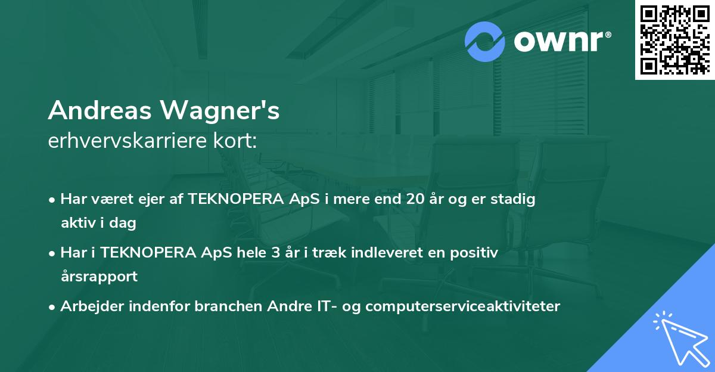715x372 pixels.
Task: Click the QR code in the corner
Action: [x=675, y=39]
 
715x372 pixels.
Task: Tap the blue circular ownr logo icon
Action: [x=486, y=41]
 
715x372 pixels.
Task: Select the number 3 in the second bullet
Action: [x=275, y=253]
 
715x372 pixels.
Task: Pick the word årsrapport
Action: [x=99, y=277]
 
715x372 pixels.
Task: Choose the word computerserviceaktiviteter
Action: [x=463, y=306]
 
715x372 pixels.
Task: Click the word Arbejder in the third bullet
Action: [x=86, y=306]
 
